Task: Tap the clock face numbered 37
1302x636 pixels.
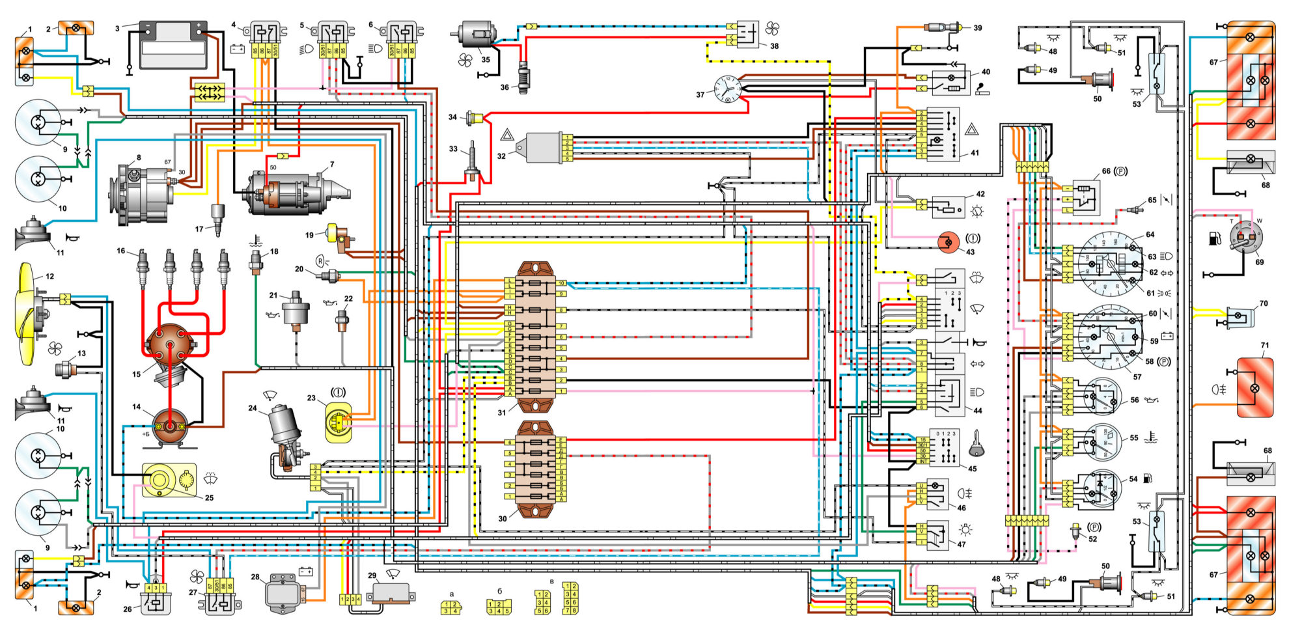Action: pos(727,89)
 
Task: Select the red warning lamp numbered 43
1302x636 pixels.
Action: pos(948,243)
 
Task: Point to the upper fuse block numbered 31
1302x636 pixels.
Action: pos(535,337)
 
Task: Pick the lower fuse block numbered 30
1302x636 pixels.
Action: pos(535,469)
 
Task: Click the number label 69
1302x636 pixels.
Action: pos(1259,262)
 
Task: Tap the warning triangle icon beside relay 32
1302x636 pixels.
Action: pos(507,135)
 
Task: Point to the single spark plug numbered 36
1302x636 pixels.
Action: pos(523,79)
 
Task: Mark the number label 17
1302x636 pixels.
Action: pos(199,229)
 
